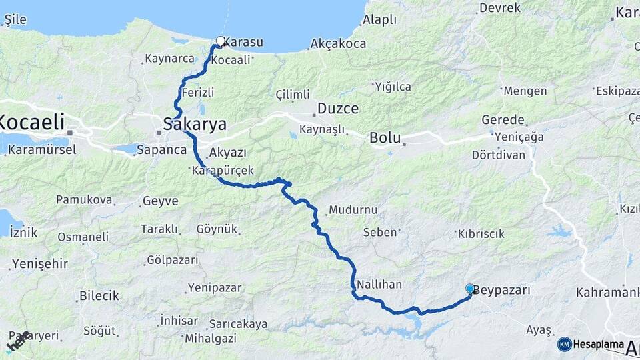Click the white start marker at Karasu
[x=220, y=41]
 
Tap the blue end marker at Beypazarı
[x=470, y=289]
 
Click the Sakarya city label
[x=195, y=124]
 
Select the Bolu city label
[x=385, y=139]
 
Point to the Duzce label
[x=338, y=108]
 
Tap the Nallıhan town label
[x=379, y=284]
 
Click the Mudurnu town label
[x=353, y=209]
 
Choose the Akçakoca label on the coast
[x=338, y=45]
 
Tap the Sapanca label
[x=161, y=150]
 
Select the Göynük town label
[x=217, y=229]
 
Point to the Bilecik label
[x=99, y=295]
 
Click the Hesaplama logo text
[x=599, y=344]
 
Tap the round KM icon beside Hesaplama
[x=565, y=344]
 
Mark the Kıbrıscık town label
[x=480, y=234]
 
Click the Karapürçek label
[x=222, y=171]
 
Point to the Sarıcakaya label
[x=238, y=324]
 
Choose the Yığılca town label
[x=393, y=87]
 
